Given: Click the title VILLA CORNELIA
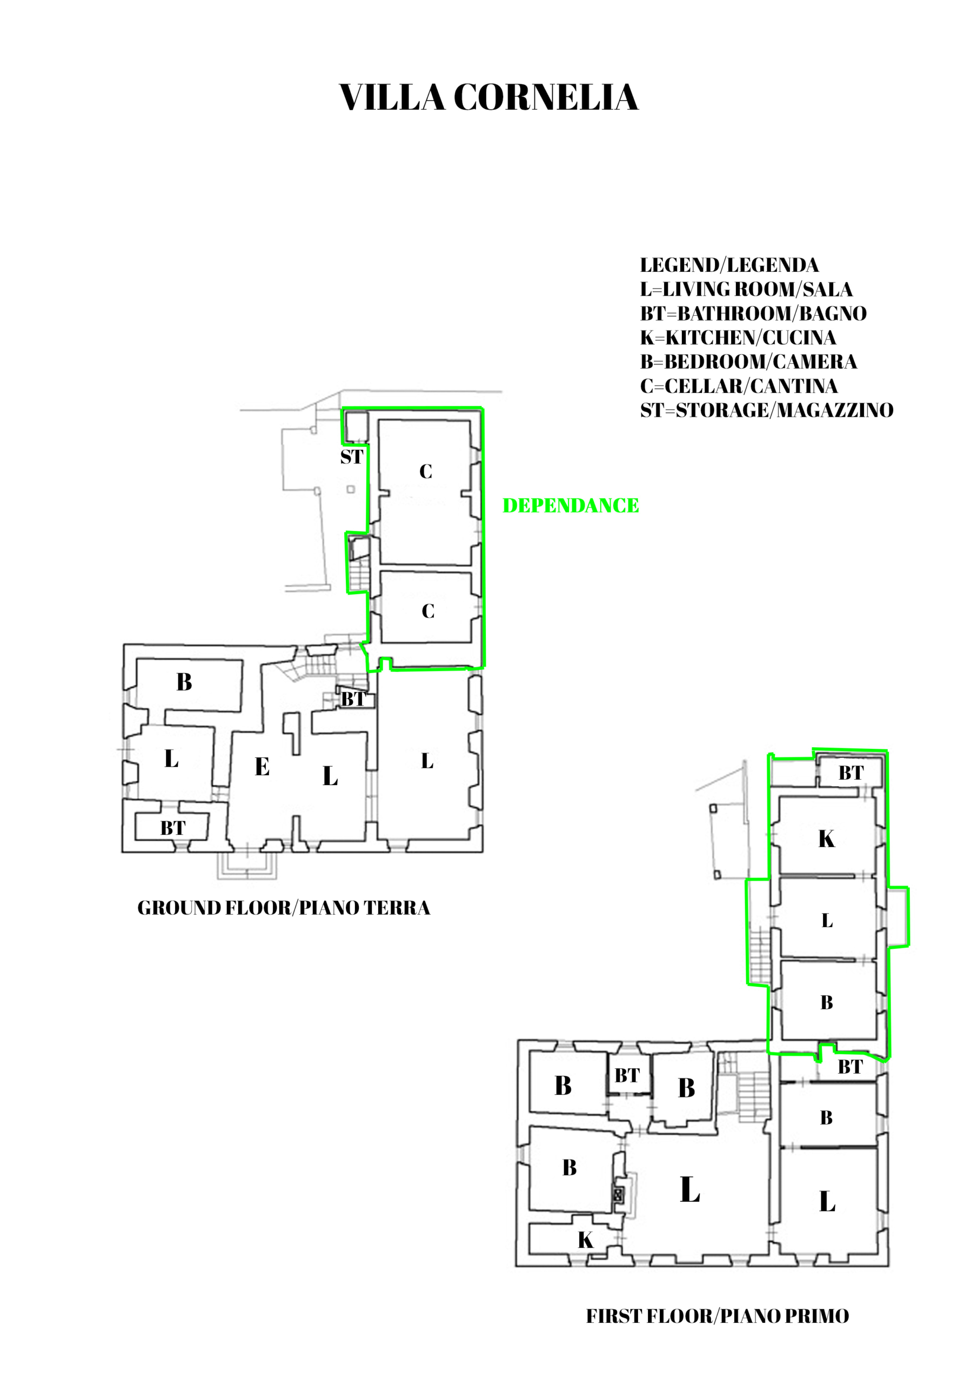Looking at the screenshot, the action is coord(488,97).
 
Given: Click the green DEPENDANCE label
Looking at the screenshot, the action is coord(571,505).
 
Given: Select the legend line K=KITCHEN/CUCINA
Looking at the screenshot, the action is coord(738,337).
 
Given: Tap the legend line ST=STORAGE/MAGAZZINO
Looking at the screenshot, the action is coord(767,410).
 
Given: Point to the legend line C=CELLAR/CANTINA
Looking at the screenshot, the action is coord(739,386).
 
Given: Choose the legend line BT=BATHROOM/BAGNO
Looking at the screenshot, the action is coord(753,314).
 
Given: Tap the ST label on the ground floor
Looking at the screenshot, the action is coord(352,457).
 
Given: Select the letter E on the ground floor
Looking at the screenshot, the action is coord(262,767).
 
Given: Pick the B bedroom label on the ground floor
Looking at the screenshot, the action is coord(184,682).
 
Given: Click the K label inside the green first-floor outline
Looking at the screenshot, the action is coord(827,839).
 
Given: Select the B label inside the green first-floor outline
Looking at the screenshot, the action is coord(827,1003).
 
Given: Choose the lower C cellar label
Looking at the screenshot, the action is coord(428,611).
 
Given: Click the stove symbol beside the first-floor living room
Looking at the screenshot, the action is coord(618,1194).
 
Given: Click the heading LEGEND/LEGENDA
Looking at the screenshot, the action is coord(729,265).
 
